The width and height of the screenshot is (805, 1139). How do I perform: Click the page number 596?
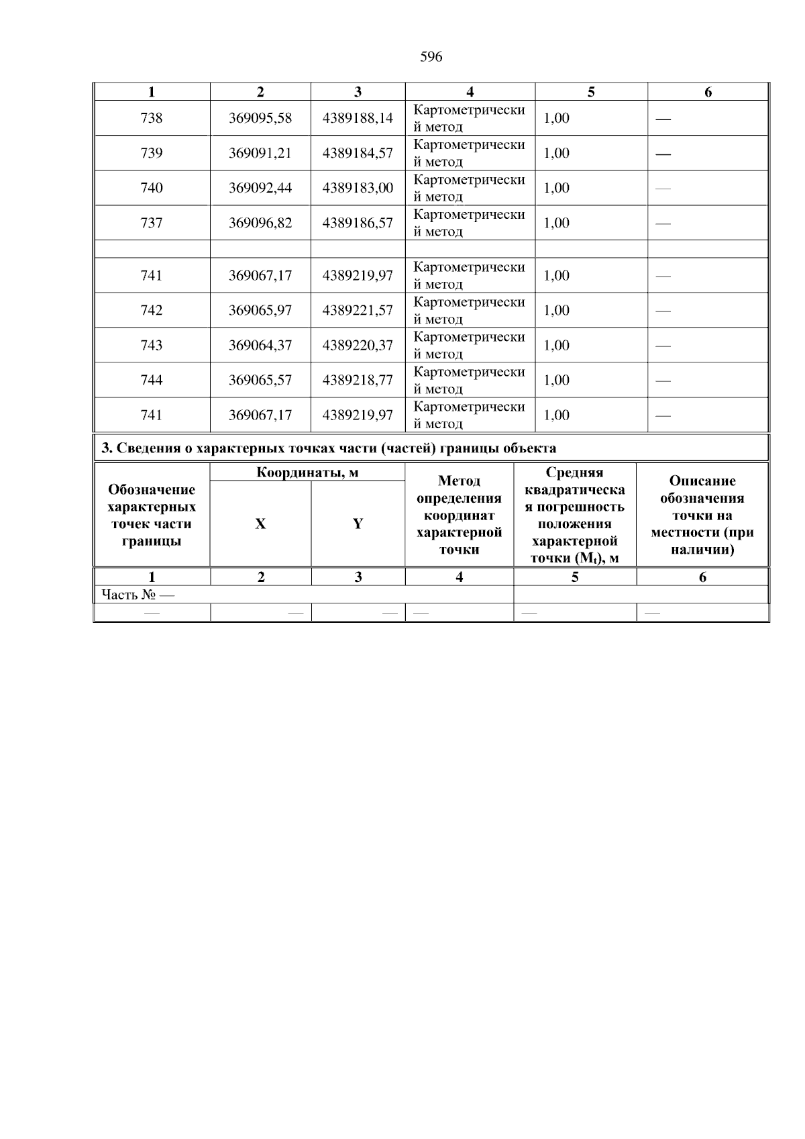pos(431,57)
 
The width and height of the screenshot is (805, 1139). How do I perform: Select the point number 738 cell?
pos(152,118)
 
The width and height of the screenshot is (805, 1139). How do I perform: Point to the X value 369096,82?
pos(260,223)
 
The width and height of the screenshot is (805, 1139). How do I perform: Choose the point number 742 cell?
pos(152,310)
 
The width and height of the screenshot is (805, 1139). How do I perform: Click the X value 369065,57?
pos(260,380)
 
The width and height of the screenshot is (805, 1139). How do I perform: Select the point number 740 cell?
pos(152,188)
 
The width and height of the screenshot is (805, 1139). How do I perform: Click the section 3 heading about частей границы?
pos(328,448)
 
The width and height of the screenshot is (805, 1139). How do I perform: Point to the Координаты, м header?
pos(307,473)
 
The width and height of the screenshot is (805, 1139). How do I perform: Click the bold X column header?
pos(260,524)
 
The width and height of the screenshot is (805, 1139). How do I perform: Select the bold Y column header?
pos(358,524)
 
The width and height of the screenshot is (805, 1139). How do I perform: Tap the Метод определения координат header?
pos(459,515)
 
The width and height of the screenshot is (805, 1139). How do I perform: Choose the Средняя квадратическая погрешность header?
pos(574,515)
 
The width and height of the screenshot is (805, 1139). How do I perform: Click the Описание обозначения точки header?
pos(702,515)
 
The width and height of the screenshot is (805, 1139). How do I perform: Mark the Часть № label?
pos(138,595)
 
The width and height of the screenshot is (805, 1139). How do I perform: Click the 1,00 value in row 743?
pos(556,345)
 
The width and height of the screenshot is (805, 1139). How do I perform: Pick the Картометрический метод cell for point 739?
pos(469,153)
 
